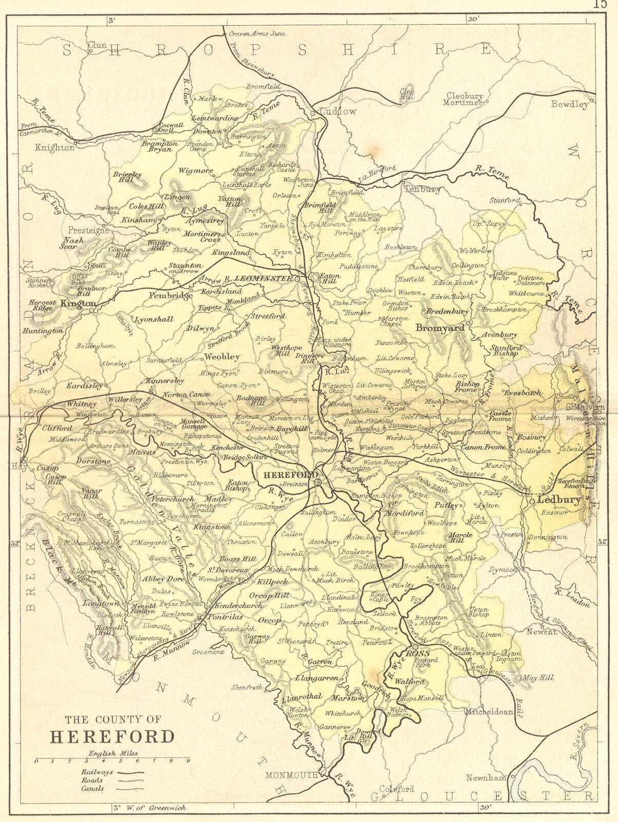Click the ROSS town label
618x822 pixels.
(414, 653)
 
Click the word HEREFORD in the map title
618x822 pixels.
(112, 736)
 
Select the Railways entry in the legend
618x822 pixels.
(98, 772)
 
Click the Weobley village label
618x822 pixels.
(222, 356)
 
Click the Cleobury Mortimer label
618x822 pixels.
(465, 99)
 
